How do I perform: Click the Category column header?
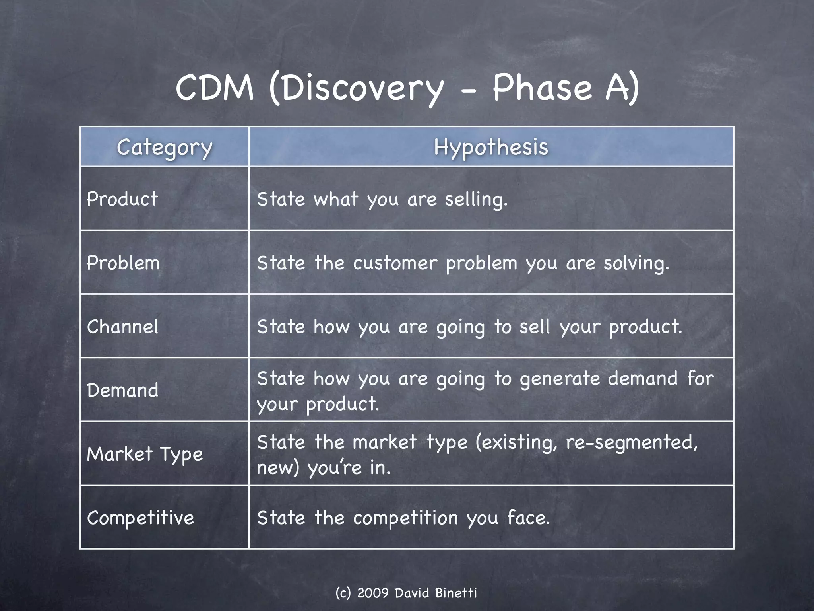165,148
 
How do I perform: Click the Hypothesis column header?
491,147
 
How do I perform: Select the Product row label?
122,199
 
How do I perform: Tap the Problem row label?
123,263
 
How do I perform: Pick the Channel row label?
122,327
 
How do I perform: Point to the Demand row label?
122,390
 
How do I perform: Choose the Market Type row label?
145,454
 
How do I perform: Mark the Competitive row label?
140,518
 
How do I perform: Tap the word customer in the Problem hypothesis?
395,263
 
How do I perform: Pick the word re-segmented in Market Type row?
632,442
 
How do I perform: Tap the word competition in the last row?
405,518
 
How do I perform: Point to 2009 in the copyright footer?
373,593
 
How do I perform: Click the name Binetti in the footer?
455,593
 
